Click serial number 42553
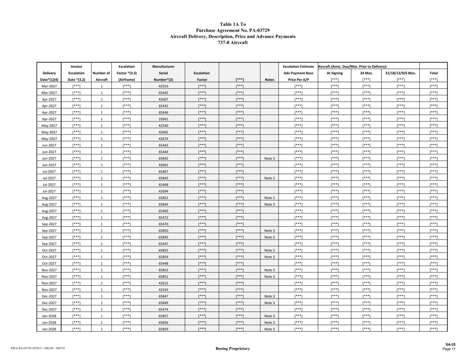[x=163, y=86]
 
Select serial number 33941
[x=163, y=119]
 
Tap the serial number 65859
[x=163, y=329]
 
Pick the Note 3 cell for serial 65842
[x=269, y=159]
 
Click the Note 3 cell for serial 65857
[x=269, y=316]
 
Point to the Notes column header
[x=269, y=80]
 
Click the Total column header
[x=434, y=73]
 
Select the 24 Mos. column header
[x=366, y=73]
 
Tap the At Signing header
[x=335, y=73]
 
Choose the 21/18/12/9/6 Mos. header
[x=400, y=73]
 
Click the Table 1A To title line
[x=232, y=25]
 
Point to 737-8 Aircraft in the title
[x=232, y=43]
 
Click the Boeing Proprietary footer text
[x=232, y=349]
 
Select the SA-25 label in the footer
[x=450, y=345]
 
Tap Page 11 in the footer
[x=449, y=349]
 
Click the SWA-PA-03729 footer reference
[x=38, y=348]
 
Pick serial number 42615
[x=163, y=283]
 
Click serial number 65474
[x=163, y=309]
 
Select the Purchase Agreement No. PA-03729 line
[x=232, y=31]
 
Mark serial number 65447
[x=163, y=244]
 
